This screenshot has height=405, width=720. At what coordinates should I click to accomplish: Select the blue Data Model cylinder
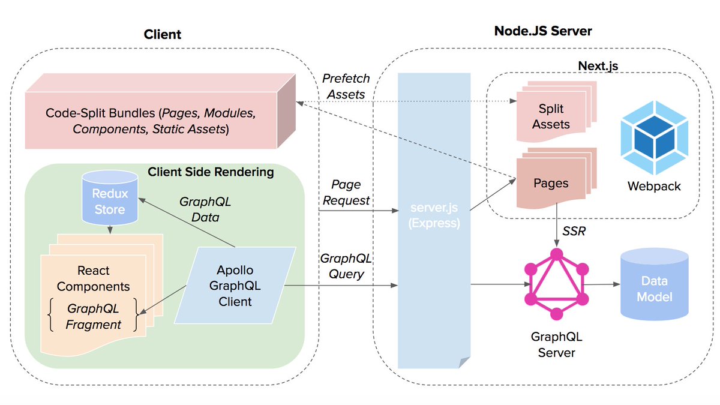pyautogui.click(x=654, y=288)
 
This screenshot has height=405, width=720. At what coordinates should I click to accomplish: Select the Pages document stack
pyautogui.click(x=551, y=182)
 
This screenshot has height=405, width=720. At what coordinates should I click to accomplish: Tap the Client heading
pyautogui.click(x=162, y=34)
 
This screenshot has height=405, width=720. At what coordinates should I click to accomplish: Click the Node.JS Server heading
pyautogui.click(x=543, y=31)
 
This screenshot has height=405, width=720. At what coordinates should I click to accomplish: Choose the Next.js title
pyautogui.click(x=598, y=65)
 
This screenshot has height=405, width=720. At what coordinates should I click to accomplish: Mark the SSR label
pyautogui.click(x=574, y=231)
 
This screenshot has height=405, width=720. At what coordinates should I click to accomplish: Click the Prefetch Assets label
pyautogui.click(x=346, y=86)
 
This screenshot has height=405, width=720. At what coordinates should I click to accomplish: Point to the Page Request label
pyautogui.click(x=346, y=193)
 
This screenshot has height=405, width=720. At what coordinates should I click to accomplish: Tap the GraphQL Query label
pyautogui.click(x=346, y=266)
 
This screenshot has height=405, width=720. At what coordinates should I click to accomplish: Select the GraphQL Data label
pyautogui.click(x=205, y=209)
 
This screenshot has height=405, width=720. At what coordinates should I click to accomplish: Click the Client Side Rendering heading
pyautogui.click(x=211, y=172)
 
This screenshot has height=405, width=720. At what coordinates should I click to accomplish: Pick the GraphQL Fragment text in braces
pyautogui.click(x=94, y=316)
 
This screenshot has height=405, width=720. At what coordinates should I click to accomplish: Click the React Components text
pyautogui.click(x=93, y=278)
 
